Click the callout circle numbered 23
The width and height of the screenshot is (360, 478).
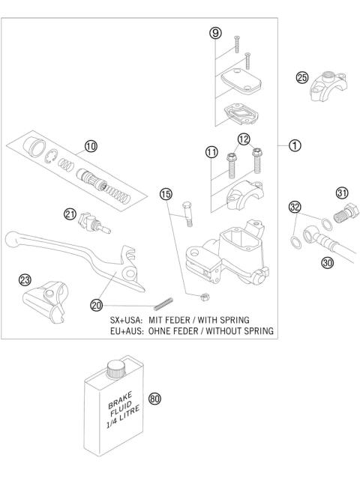(25, 279)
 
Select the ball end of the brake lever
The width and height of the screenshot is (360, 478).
(11, 239)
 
